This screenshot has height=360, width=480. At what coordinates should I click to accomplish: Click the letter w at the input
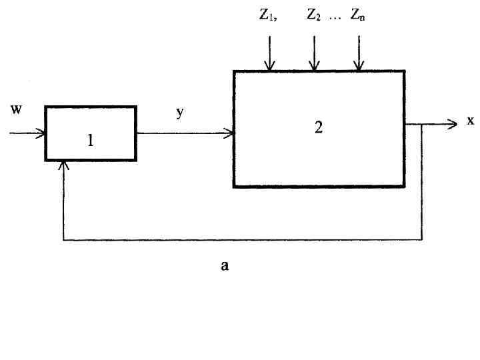(17, 110)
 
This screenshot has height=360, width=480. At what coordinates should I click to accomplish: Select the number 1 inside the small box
(91, 141)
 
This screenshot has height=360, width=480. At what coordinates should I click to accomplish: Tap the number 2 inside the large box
(319, 127)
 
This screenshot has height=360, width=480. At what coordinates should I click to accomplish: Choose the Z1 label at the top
(268, 16)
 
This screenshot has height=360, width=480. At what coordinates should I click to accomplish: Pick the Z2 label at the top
(314, 16)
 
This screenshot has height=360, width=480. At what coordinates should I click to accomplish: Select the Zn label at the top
(358, 16)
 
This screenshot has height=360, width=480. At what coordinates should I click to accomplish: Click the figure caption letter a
(225, 265)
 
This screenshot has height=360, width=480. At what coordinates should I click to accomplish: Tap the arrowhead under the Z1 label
(269, 66)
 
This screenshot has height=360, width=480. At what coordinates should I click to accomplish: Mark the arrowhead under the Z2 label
(314, 66)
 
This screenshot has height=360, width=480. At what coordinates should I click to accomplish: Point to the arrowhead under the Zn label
(359, 66)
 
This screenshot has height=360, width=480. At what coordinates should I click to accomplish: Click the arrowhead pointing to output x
(452, 123)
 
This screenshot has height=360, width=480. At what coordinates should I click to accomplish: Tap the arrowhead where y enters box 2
(230, 133)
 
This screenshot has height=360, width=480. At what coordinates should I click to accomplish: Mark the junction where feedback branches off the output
(422, 124)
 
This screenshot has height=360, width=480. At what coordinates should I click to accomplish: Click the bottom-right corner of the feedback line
(422, 239)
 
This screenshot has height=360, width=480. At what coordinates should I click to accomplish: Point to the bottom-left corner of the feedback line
(63, 239)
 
